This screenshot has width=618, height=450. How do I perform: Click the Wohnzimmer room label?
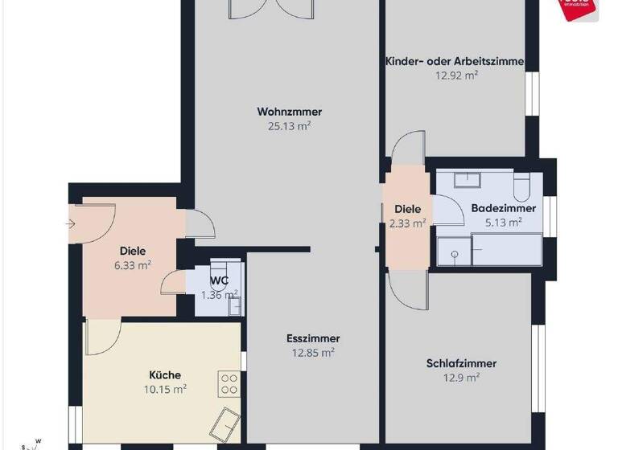click(x=283, y=112)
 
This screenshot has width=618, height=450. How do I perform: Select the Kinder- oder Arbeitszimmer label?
click(x=455, y=61)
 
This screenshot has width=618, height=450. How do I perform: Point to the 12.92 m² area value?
click(x=456, y=75)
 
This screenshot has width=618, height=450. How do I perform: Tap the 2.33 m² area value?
click(x=407, y=223)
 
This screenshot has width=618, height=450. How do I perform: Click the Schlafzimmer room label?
click(x=461, y=363)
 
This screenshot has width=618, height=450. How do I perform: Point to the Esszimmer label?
click(x=313, y=338)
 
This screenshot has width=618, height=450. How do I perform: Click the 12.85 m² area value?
click(x=313, y=352)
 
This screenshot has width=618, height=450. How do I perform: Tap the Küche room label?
click(x=165, y=374)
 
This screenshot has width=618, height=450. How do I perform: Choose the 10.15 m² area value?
click(x=164, y=389)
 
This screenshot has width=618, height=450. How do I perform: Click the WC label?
click(x=220, y=280)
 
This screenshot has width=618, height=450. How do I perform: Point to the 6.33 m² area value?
click(x=133, y=264)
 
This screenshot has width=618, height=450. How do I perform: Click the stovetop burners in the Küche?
click(x=229, y=382)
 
